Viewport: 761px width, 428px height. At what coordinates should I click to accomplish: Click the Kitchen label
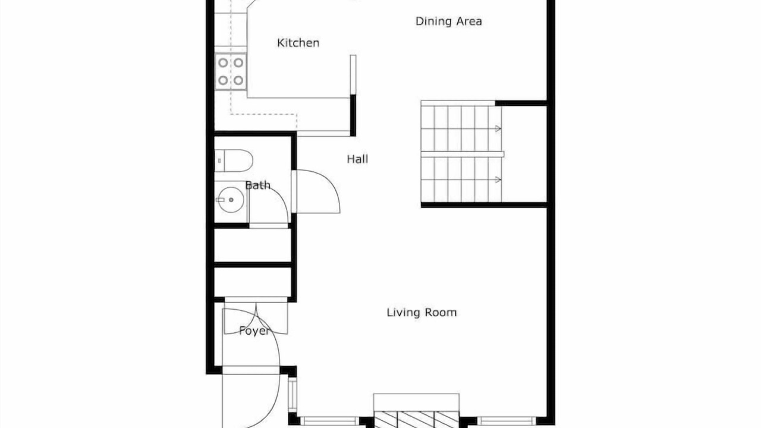point(298,43)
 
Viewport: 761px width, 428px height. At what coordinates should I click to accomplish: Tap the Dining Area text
point(448,21)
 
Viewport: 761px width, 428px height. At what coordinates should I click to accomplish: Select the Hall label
point(357,159)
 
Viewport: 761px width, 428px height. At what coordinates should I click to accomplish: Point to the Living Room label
point(422,312)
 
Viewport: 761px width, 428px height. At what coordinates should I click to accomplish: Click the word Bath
point(258,185)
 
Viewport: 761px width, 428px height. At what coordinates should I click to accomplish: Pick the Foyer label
point(254,331)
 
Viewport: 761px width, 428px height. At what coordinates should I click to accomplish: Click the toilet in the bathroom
point(234,160)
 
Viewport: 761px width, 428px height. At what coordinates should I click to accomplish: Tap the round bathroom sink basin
point(231,200)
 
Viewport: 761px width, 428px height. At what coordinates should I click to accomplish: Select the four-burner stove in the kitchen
point(231,72)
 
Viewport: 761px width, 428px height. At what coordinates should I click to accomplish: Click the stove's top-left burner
point(223,62)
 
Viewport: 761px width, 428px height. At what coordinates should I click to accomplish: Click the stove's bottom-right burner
point(238,80)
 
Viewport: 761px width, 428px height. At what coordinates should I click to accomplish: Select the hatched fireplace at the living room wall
point(416,420)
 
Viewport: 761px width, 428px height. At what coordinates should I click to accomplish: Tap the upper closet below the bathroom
point(253,246)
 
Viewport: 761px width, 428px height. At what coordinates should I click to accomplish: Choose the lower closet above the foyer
point(253,282)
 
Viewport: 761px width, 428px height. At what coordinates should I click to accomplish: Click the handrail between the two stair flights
point(463,154)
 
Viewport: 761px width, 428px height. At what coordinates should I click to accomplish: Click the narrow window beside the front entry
point(292,394)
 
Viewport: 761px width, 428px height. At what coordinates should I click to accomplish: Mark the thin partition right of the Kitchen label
point(353,74)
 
